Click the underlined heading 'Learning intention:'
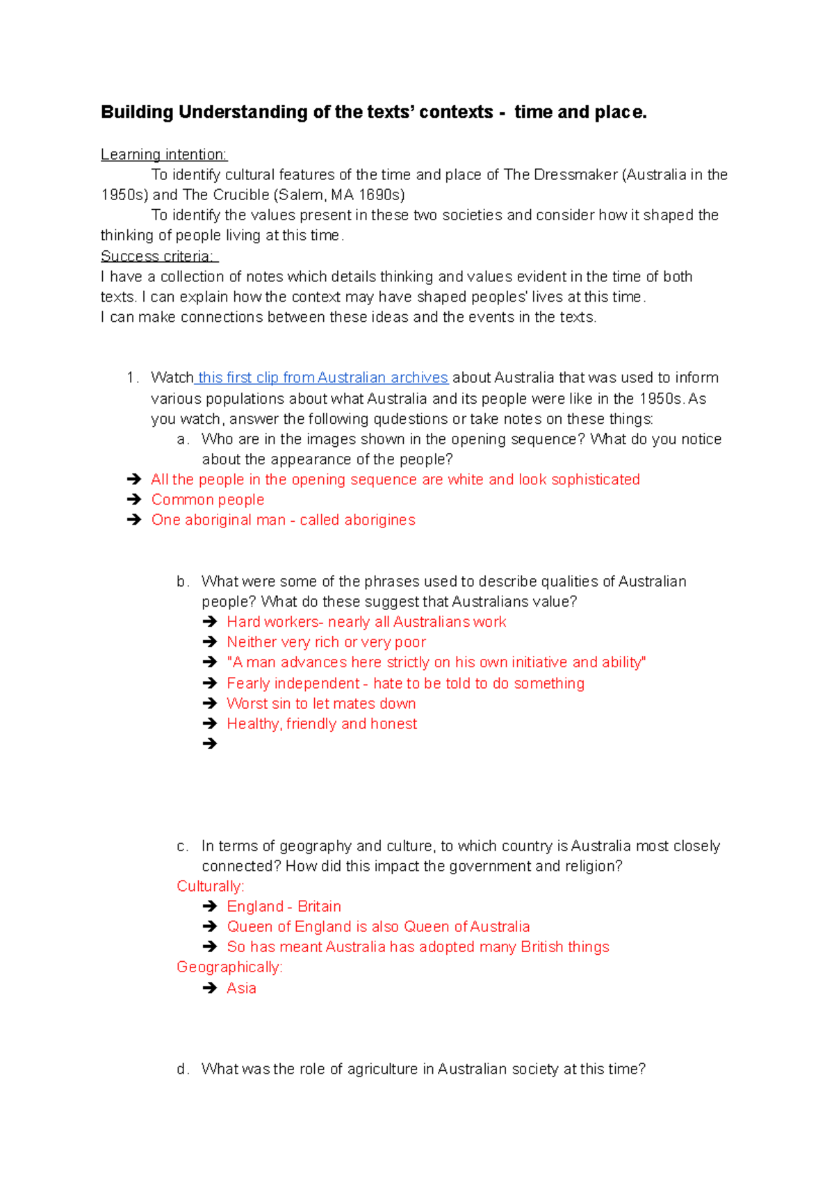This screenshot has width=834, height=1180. pyautogui.click(x=164, y=154)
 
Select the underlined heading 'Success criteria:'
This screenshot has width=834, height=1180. pyautogui.click(x=158, y=256)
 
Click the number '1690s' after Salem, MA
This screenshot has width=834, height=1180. pyautogui.click(x=382, y=195)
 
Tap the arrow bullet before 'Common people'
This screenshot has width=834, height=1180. pyautogui.click(x=134, y=500)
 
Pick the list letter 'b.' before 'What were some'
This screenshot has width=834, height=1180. pyautogui.click(x=182, y=582)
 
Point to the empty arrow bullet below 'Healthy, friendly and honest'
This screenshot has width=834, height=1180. pyautogui.click(x=210, y=744)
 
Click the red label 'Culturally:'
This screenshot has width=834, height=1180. pyautogui.click(x=211, y=887)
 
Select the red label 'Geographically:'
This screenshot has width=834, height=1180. pyautogui.click(x=229, y=967)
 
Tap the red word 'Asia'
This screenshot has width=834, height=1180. pyautogui.click(x=241, y=988)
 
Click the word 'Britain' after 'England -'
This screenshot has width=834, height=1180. pyautogui.click(x=319, y=907)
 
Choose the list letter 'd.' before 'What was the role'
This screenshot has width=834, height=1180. pyautogui.click(x=182, y=1070)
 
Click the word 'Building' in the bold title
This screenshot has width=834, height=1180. pyautogui.click(x=137, y=113)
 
